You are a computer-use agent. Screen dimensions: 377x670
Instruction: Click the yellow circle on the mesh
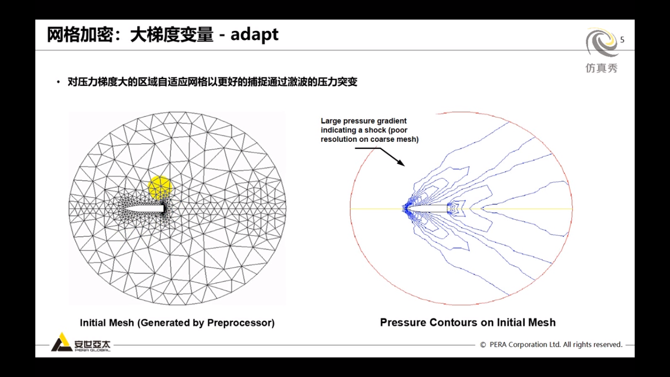pos(160,188)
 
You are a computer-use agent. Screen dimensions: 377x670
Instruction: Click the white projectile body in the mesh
pos(144,209)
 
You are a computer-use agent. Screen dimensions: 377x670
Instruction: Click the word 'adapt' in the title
pos(254,35)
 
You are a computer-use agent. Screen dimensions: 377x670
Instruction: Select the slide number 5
pos(622,40)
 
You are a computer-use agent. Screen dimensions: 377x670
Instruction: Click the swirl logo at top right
pos(602,43)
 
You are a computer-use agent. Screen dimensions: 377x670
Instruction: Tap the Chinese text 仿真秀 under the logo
pos(601,68)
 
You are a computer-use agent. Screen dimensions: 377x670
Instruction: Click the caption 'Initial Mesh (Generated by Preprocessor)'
pos(177,323)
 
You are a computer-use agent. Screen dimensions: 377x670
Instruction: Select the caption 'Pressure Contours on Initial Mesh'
pos(467,323)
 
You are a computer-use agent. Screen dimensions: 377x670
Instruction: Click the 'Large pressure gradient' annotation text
pos(363,121)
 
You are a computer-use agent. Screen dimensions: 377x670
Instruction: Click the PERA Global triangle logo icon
pos(61,343)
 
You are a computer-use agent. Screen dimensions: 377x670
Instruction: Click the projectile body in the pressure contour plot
pos(429,209)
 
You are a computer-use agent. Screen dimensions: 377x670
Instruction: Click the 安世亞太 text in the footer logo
pos(92,343)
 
